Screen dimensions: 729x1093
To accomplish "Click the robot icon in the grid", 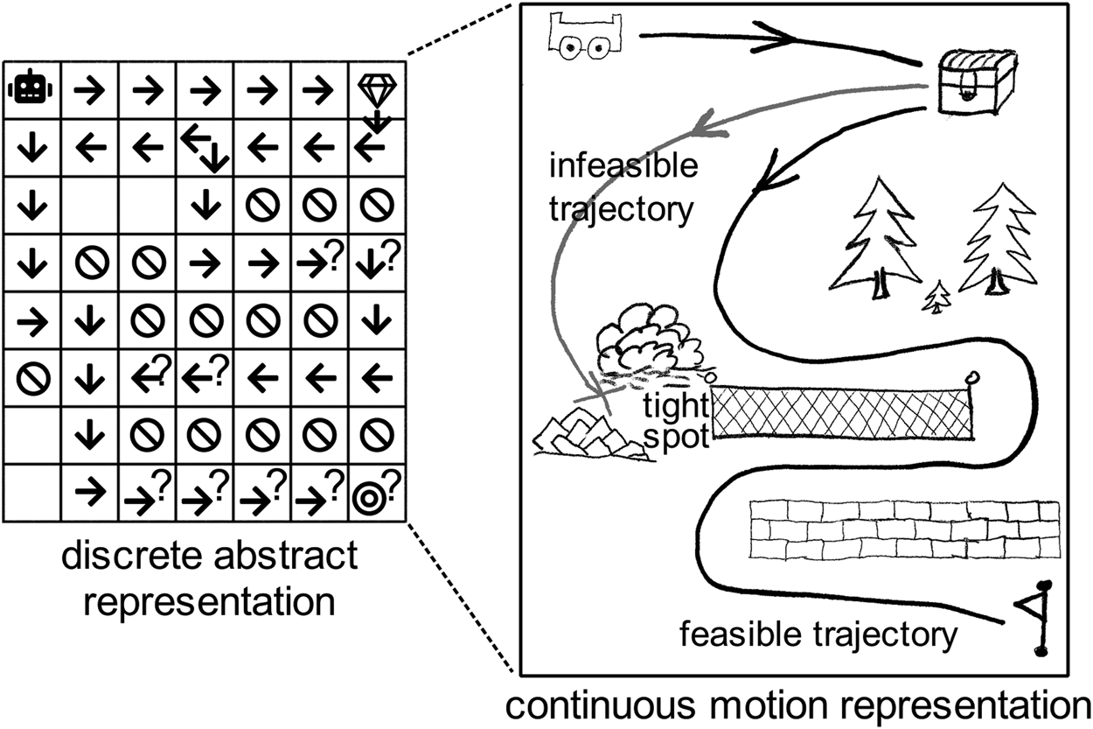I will [x=31, y=88].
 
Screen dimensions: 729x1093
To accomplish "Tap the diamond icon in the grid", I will [x=377, y=89].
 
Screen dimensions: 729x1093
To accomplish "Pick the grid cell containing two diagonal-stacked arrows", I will [x=205, y=146].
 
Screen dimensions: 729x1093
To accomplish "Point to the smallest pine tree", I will [x=938, y=298].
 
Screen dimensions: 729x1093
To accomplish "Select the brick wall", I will [x=905, y=529].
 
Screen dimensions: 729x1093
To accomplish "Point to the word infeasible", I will [x=624, y=165].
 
